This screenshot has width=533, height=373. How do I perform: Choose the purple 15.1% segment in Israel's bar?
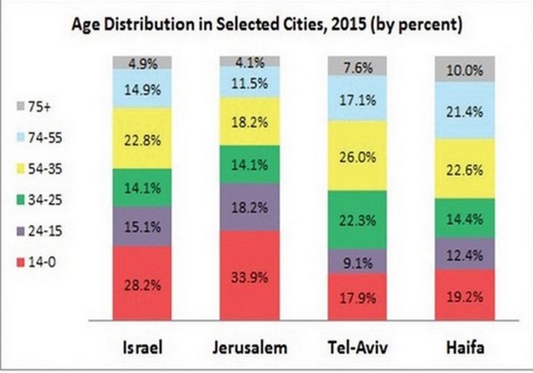(142, 226)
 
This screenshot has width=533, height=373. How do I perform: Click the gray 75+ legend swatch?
(20, 106)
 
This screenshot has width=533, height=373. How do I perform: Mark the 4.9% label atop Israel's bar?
(142, 63)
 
